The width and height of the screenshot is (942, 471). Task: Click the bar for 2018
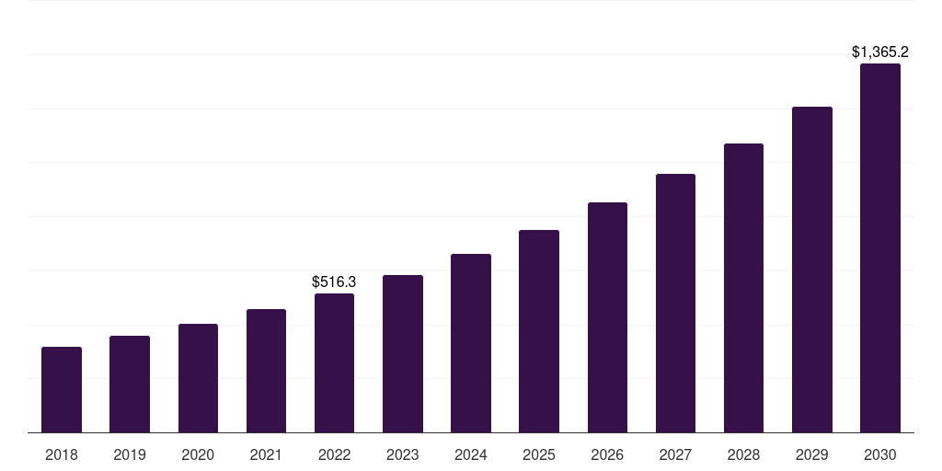point(62,389)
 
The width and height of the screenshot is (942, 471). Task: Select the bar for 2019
point(130,384)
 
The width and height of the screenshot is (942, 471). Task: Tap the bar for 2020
point(198,378)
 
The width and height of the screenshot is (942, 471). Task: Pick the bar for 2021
point(266,371)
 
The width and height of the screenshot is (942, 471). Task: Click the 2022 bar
point(334,362)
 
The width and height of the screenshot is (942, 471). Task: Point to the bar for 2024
point(471,343)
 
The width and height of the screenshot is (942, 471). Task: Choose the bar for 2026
point(607,317)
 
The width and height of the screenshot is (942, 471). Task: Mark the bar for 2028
point(743,288)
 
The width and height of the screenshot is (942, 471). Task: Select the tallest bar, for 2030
point(880,247)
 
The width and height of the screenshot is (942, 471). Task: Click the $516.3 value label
point(334,281)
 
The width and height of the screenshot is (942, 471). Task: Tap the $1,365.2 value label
point(880,52)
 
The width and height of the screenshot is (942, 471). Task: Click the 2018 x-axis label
point(62,454)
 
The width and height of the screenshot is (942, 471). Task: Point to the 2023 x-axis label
point(403,454)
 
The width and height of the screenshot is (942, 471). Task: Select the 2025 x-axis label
point(539,454)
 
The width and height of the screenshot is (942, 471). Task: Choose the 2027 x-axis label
point(675,454)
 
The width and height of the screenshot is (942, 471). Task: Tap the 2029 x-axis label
point(811,454)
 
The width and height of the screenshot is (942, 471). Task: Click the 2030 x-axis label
point(880,454)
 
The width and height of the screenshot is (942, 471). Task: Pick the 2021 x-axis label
point(266,454)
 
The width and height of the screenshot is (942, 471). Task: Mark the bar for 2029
point(812,270)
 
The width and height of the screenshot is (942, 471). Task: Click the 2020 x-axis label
point(198,454)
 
